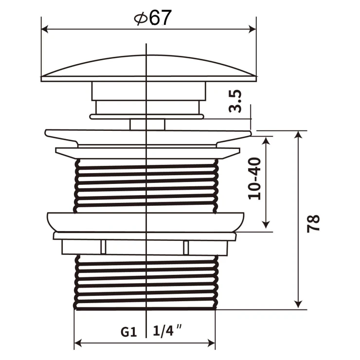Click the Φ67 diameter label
pyautogui.click(x=153, y=18)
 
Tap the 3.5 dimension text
pyautogui.click(x=235, y=101)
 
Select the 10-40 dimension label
pyautogui.click(x=255, y=179)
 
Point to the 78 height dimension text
pyautogui.click(x=313, y=224)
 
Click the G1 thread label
pyautogui.click(x=129, y=332)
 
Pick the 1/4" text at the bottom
pyautogui.click(x=167, y=331)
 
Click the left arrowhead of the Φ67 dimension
pyautogui.click(x=45, y=29)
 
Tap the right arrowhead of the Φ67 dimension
pyautogui.click(x=252, y=29)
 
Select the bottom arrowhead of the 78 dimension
pyautogui.click(x=298, y=305)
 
